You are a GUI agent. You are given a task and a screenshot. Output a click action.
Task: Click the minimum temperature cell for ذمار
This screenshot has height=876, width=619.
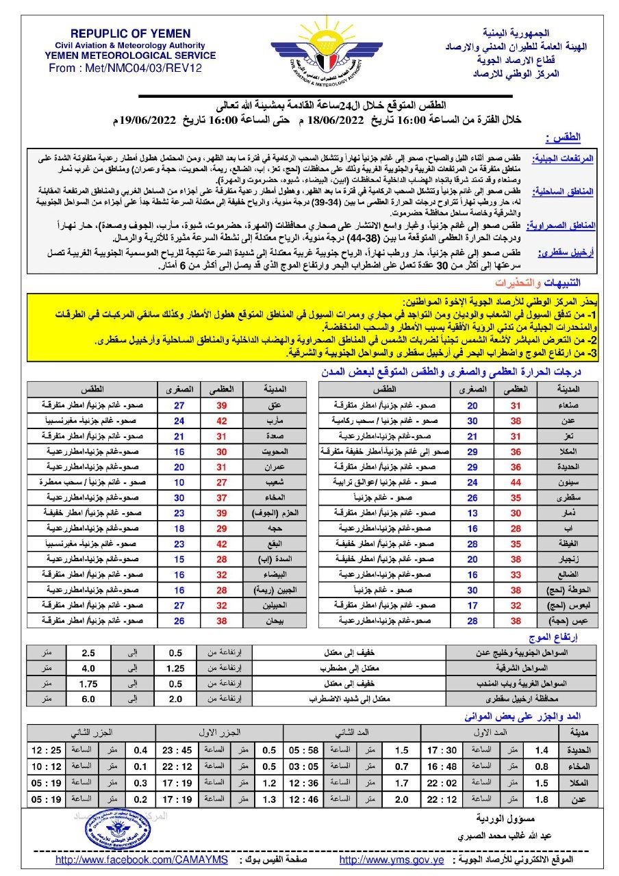pos(472,513)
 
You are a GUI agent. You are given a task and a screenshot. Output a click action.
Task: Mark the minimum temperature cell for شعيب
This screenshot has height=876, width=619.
pos(179,482)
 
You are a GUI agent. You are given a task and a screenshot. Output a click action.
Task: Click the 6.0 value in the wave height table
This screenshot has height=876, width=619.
pos(88,699)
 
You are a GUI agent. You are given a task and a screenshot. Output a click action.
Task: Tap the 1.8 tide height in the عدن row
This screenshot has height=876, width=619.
pos(542,799)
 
